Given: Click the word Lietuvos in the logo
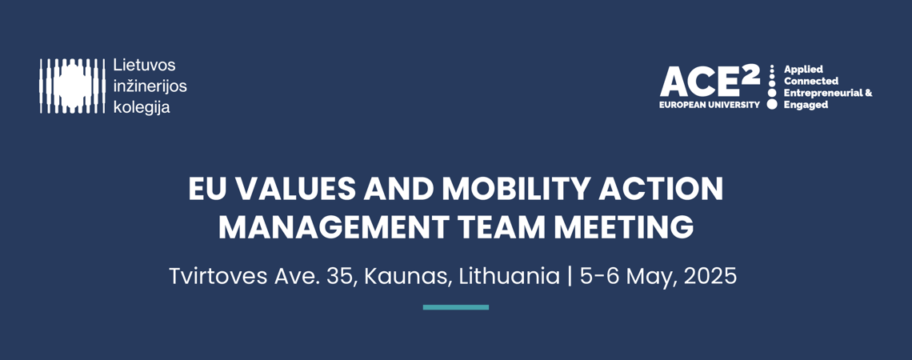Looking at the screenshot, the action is [144, 65].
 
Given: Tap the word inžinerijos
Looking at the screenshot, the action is [150, 86].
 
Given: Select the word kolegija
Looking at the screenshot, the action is [142, 107].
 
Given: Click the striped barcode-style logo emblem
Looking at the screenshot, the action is [72, 86].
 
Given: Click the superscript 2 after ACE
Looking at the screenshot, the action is [751, 74].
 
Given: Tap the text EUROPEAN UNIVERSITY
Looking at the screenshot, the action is [710, 106].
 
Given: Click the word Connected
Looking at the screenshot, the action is [811, 82].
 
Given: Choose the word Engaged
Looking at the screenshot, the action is [806, 106].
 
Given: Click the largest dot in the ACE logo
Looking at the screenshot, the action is [772, 104].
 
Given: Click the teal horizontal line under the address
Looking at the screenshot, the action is [456, 307].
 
